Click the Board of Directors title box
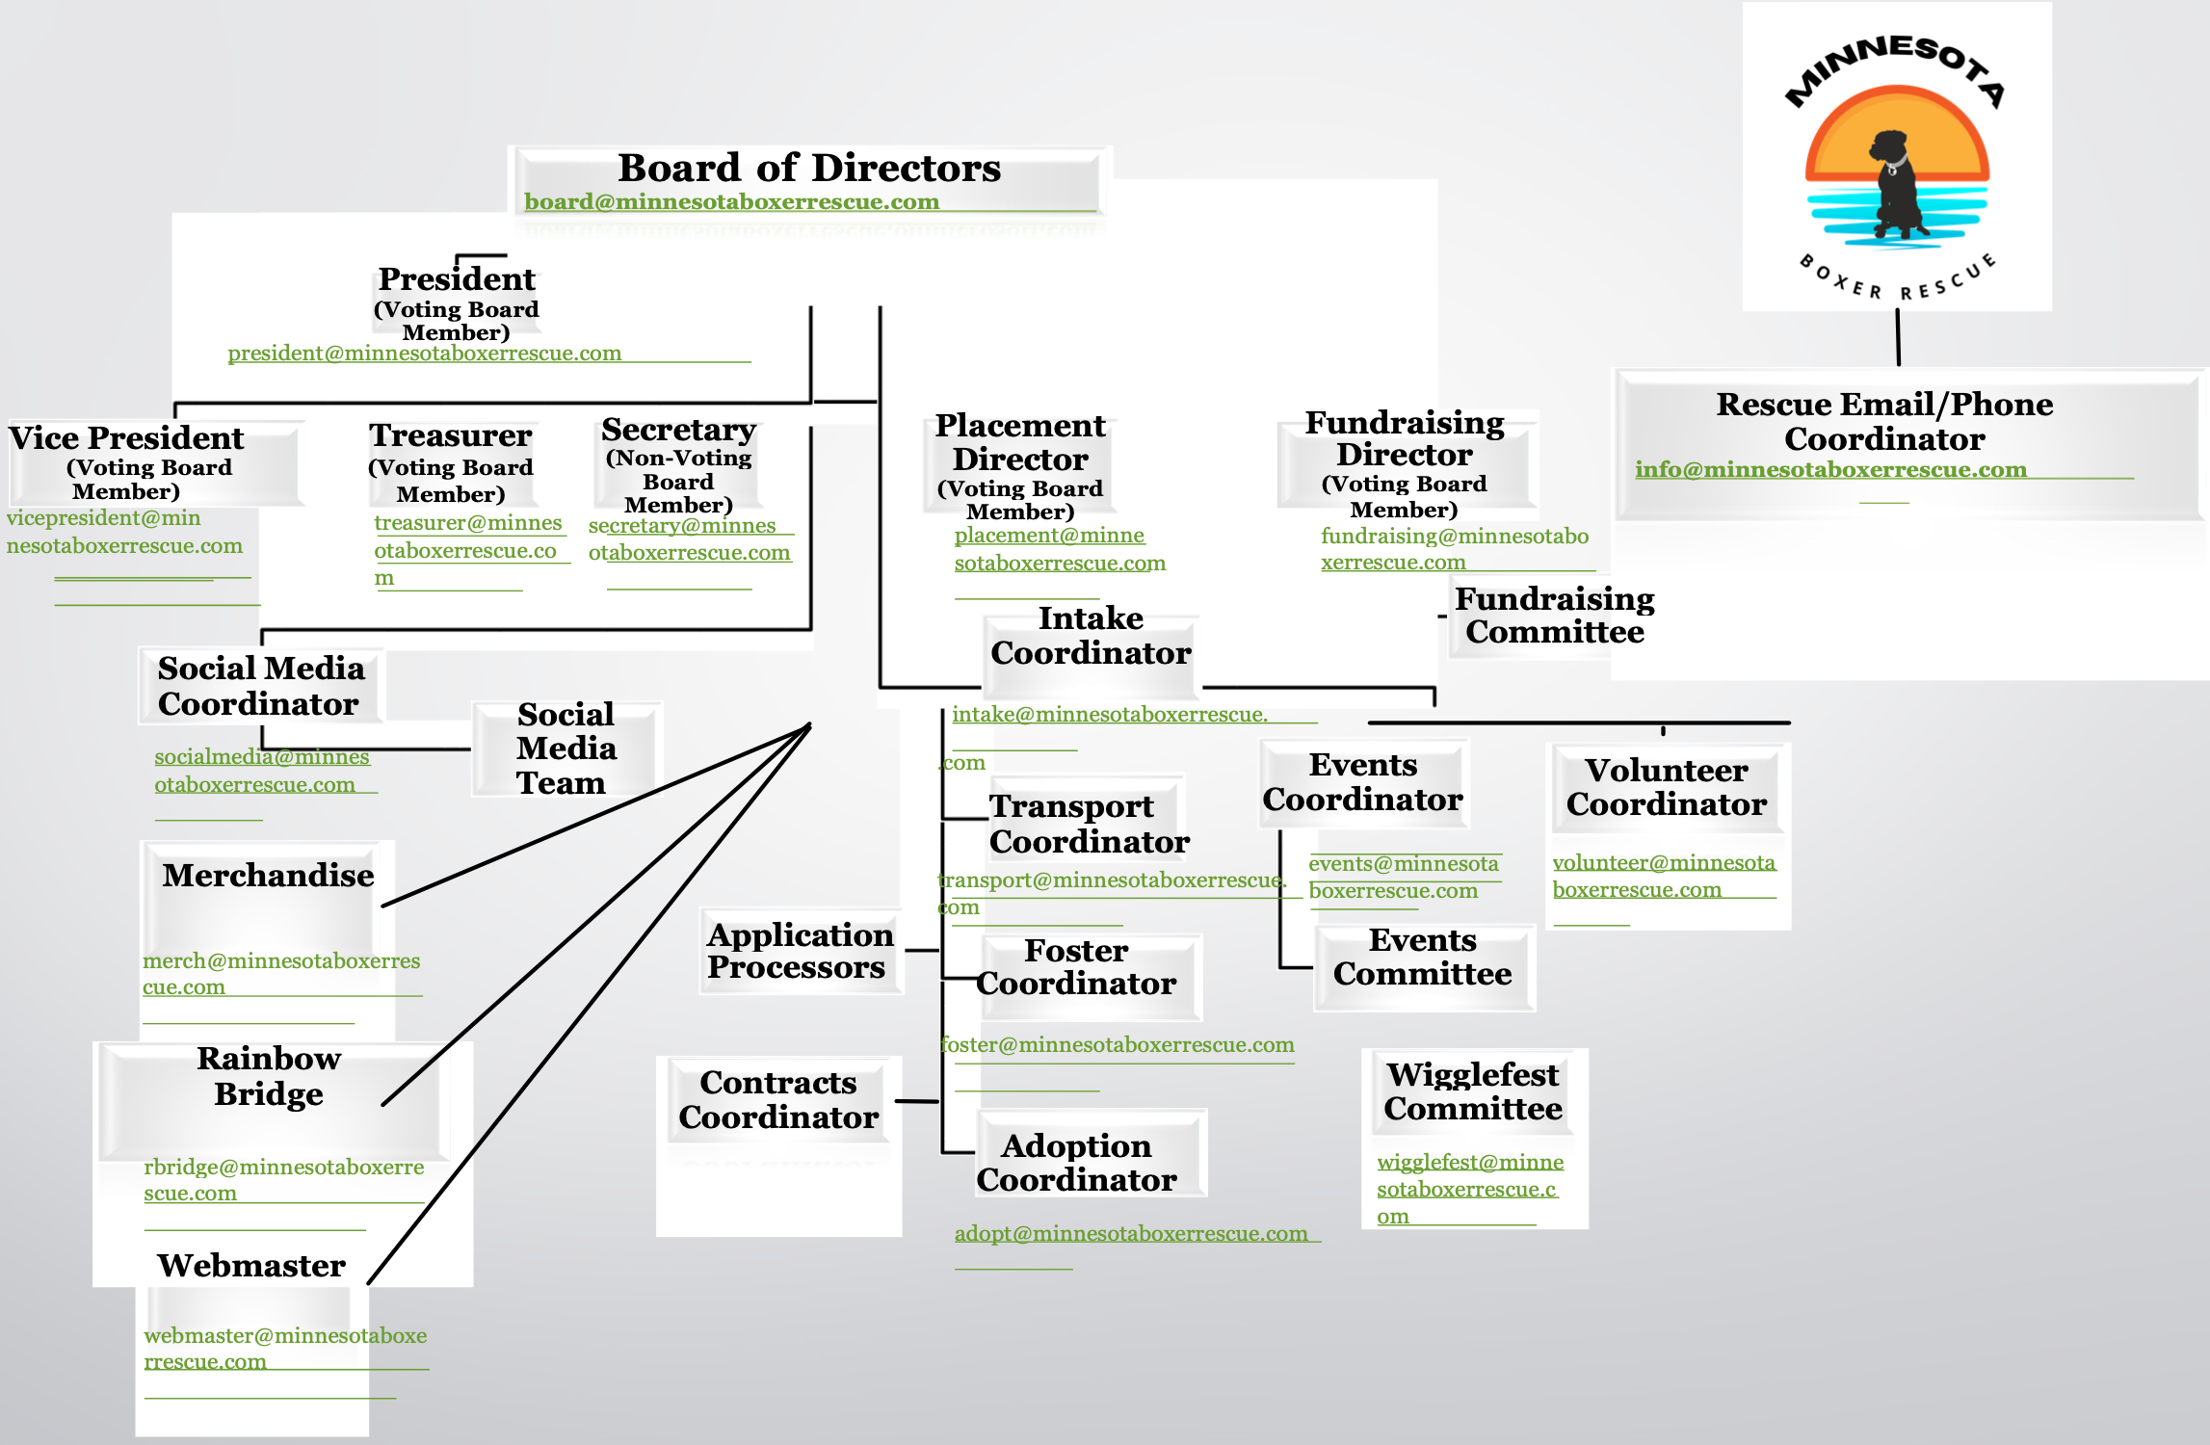click(809, 169)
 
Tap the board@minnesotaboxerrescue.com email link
click(731, 202)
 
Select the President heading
click(457, 279)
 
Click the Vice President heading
click(126, 438)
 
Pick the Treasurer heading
click(450, 435)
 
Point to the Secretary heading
click(678, 430)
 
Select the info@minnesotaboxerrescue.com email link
click(1830, 470)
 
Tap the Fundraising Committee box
click(1554, 616)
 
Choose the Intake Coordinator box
click(1091, 636)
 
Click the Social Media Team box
click(566, 749)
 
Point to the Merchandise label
click(268, 876)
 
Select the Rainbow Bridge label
click(269, 1076)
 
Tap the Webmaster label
click(251, 1266)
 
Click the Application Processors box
click(800, 951)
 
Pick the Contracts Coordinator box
click(778, 1100)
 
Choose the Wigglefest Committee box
click(1472, 1091)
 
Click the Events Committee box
click(1422, 958)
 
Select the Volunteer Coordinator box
click(1666, 787)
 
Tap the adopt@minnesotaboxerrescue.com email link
click(1131, 1234)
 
